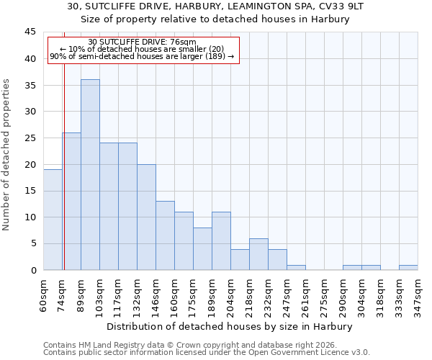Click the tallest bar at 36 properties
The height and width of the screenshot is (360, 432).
click(90, 175)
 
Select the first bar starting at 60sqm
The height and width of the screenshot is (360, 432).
click(53, 220)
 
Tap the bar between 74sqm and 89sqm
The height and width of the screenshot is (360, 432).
click(71, 202)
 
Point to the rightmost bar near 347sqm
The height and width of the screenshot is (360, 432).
click(408, 267)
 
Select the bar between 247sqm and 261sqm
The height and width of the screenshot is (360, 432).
click(296, 267)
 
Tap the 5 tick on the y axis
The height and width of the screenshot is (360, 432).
click(33, 244)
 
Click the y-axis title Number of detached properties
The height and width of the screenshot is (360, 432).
click(7, 155)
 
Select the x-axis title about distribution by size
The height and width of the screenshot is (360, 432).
click(230, 327)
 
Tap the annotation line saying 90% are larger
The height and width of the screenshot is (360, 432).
click(142, 56)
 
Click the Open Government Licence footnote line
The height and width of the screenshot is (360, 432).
click(207, 353)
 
